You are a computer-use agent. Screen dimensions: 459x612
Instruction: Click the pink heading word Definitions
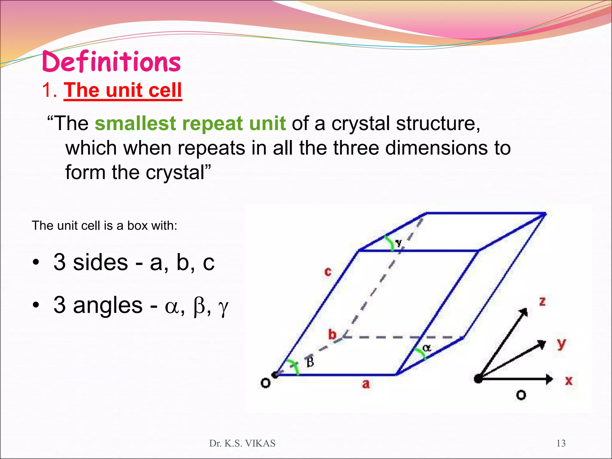[x=111, y=62]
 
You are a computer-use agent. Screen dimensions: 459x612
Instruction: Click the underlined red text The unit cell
[x=123, y=90]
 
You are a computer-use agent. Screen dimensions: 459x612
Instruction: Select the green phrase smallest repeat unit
[x=190, y=123]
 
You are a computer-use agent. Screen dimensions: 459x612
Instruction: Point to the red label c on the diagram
[x=328, y=272]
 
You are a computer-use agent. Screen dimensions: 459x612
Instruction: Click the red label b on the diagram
[x=332, y=334]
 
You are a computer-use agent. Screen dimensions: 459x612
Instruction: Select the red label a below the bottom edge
[x=366, y=384]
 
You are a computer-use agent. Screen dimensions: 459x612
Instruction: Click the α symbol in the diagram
[x=427, y=348]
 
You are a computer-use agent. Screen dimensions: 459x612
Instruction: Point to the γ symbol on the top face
[x=398, y=243]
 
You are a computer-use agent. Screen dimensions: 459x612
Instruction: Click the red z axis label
[x=542, y=301]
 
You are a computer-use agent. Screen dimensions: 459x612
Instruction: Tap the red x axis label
[x=569, y=381]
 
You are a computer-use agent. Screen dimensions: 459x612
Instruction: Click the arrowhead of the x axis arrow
[x=549, y=379]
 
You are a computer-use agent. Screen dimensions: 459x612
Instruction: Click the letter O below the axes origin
[x=521, y=395]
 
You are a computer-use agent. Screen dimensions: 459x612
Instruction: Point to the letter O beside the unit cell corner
[x=265, y=383]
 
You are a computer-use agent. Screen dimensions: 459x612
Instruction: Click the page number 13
[x=561, y=443]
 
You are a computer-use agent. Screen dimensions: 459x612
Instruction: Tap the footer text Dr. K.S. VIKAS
[x=242, y=443]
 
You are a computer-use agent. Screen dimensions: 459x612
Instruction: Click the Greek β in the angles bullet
[x=199, y=307]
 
